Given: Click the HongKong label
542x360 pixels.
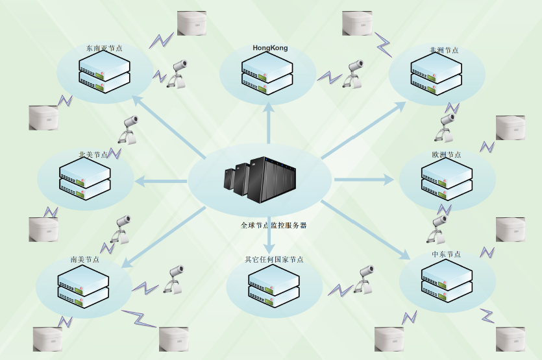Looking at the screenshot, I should [270, 49].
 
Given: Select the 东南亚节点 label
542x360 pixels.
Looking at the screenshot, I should [105, 48].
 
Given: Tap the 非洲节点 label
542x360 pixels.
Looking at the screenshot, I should [444, 50].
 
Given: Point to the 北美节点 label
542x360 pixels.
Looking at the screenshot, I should [93, 155].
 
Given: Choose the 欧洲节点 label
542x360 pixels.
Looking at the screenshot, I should [447, 155].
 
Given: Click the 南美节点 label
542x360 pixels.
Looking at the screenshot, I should [85, 259].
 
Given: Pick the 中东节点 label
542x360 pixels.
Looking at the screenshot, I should [446, 255].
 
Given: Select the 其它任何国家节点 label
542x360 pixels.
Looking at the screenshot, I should [274, 259].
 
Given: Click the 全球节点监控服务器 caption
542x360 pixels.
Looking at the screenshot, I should [273, 226].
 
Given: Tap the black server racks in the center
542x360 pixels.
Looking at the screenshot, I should [261, 178].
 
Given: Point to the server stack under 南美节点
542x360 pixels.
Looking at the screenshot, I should [83, 286].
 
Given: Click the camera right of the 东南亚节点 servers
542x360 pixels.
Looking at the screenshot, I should [178, 73].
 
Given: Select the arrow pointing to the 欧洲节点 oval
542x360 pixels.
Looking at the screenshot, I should [363, 179].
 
